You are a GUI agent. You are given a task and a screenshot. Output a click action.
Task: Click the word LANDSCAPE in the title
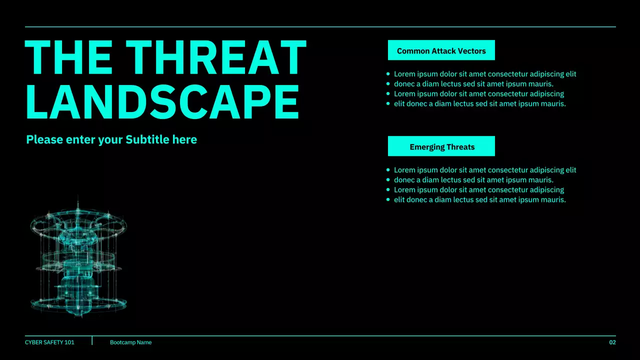point(162,101)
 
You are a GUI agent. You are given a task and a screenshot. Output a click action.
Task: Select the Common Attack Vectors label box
point(441,50)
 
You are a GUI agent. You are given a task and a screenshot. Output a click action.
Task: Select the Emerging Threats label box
point(441,146)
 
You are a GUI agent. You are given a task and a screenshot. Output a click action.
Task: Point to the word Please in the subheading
point(44,139)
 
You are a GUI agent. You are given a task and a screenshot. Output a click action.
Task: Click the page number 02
point(612,342)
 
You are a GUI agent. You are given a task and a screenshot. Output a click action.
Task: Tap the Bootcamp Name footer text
point(130,342)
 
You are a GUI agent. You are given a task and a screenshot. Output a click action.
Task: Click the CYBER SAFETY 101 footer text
point(49,342)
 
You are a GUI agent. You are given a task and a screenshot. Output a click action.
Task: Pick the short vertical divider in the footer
point(92,340)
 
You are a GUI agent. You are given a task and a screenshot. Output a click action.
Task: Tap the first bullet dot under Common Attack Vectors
point(388,74)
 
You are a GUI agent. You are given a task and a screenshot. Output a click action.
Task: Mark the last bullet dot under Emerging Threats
point(388,200)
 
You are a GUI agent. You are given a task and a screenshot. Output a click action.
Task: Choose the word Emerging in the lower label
point(425,147)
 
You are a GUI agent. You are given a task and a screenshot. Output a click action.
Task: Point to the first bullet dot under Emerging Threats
point(388,170)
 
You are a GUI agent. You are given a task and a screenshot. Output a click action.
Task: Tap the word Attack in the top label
point(441,51)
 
